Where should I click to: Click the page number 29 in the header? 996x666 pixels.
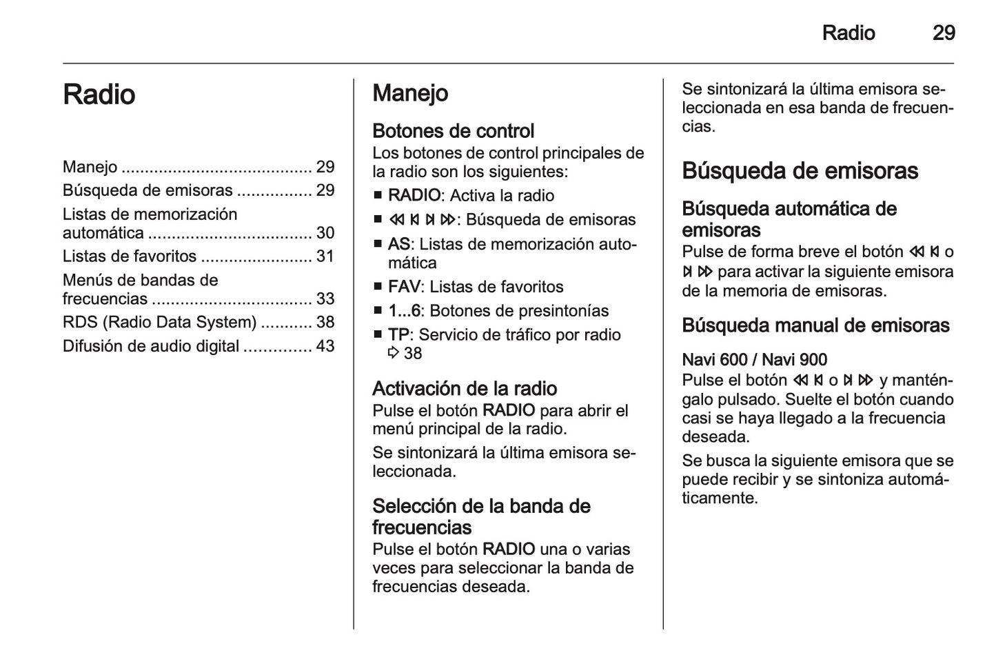point(943,33)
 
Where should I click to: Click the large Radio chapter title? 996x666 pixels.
point(99,94)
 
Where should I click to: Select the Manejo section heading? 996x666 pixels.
point(410,93)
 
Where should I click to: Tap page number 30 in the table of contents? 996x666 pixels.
point(325,233)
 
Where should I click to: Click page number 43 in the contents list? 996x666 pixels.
point(325,346)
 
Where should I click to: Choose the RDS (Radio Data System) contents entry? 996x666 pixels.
point(159,322)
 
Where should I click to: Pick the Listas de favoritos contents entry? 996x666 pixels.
point(130,256)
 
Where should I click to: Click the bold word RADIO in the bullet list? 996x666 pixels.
point(414,196)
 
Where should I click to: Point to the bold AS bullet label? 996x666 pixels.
point(398,244)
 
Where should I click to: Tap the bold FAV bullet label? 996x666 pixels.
point(403,287)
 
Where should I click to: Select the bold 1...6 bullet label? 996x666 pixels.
point(404,311)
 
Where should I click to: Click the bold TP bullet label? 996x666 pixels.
point(398,335)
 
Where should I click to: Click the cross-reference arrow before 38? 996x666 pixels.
point(394,354)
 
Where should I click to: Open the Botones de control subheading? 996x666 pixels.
point(453,131)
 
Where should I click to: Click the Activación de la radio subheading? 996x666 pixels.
point(465,389)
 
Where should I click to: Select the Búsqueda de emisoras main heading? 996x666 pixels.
point(800,171)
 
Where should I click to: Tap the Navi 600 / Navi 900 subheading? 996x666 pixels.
point(754,360)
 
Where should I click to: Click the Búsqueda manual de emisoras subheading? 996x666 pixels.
point(815,325)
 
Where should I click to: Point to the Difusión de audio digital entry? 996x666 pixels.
point(151,346)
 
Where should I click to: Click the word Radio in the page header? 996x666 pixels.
point(848,33)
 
